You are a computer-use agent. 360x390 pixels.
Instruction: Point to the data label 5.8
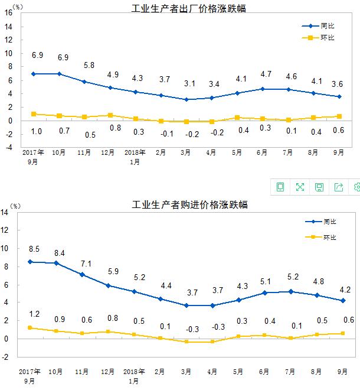[89, 66]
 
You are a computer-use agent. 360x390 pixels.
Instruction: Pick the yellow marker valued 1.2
[30, 328]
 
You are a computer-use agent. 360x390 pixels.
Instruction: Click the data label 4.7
[266, 74]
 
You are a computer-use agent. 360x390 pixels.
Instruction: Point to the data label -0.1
[161, 133]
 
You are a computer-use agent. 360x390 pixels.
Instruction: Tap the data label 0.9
[59, 319]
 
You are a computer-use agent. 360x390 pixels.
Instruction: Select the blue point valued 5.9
[108, 285]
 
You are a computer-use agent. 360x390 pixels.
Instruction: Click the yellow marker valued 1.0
[34, 114]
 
